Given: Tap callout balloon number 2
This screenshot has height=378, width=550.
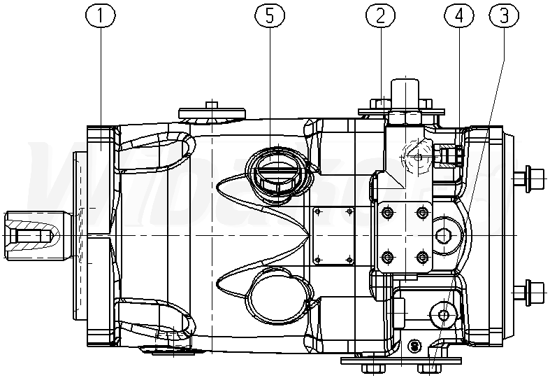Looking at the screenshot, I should (381, 16).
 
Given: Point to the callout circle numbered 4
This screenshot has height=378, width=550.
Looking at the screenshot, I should (458, 16).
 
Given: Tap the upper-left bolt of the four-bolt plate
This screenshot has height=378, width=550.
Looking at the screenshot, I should (387, 211).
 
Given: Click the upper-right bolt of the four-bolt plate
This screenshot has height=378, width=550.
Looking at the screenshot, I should (421, 211).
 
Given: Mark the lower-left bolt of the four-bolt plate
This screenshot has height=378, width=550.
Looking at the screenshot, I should (387, 259).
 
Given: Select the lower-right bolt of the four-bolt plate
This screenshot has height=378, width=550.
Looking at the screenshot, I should (421, 259).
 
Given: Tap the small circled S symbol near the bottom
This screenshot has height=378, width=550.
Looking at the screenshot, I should (414, 346).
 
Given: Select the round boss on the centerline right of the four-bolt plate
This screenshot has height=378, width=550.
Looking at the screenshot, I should (444, 235).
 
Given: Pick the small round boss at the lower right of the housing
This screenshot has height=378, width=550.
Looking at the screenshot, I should (443, 315).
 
